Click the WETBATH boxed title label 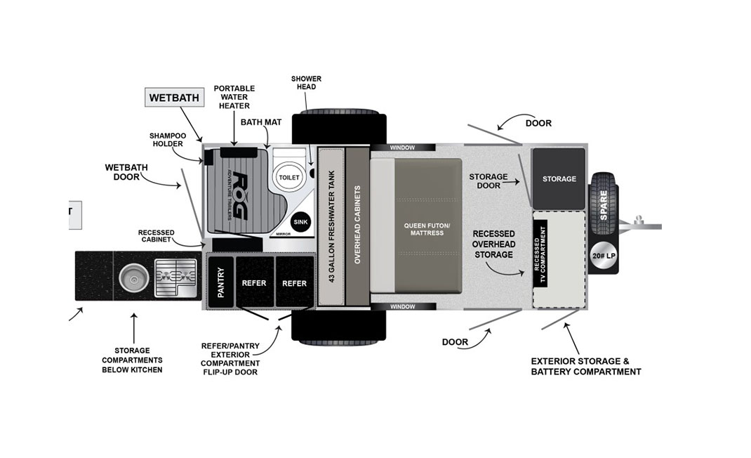tap(174, 97)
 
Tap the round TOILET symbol tap(288, 177)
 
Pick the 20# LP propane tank tap(604, 256)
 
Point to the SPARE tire tap(604, 200)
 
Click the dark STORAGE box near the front tap(559, 178)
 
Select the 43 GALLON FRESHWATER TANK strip tap(331, 227)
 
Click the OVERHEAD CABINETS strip tap(357, 227)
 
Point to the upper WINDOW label tap(402, 148)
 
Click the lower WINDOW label tap(402, 307)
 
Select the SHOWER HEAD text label tap(306, 82)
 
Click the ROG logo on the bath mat tap(237, 197)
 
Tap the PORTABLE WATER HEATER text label tap(234, 97)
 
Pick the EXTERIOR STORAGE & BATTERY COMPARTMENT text tap(585, 366)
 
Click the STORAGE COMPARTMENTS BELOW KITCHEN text tap(133, 360)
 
